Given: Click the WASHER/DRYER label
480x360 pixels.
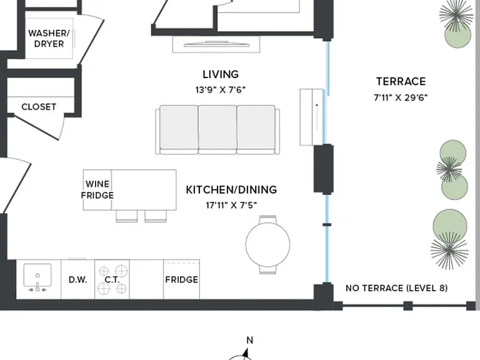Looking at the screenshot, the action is click(x=49, y=38).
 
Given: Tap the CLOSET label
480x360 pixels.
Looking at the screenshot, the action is click(x=39, y=107).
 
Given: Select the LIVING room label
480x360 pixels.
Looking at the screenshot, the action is click(x=221, y=74).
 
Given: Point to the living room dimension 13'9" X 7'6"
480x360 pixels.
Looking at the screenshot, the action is click(x=221, y=90).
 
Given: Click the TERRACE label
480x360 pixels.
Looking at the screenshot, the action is click(x=401, y=81).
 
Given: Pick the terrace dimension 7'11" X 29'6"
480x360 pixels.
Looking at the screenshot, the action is click(x=401, y=97).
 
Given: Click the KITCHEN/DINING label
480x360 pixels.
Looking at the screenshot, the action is click(x=231, y=189).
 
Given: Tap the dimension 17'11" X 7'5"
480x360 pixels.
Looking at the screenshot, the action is click(x=231, y=205).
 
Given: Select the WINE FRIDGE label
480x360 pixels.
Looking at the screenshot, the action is click(x=97, y=189).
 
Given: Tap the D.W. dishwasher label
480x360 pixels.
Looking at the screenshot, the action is click(x=77, y=280).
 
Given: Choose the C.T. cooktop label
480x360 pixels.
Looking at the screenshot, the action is click(x=112, y=280).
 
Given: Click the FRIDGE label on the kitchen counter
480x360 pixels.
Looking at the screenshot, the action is click(x=181, y=280).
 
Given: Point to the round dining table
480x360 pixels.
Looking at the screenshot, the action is click(x=268, y=244).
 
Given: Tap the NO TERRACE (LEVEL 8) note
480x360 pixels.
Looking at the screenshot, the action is click(x=396, y=288).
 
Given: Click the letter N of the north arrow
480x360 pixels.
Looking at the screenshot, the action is click(x=250, y=341).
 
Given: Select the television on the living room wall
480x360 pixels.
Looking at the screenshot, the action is click(x=216, y=44).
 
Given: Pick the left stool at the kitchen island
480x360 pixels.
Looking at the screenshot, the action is click(x=127, y=216).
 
